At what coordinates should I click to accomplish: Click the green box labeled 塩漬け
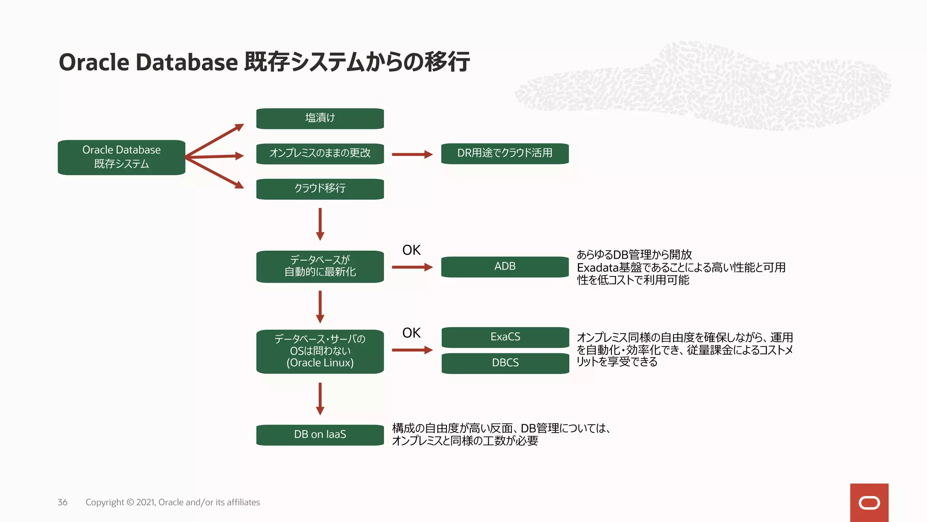(x=320, y=118)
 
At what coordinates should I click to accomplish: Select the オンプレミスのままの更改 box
(x=320, y=154)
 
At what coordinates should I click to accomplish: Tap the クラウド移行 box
(x=320, y=189)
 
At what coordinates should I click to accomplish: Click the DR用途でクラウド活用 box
(x=505, y=154)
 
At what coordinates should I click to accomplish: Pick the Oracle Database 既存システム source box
(x=121, y=157)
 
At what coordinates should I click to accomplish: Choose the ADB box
(x=505, y=266)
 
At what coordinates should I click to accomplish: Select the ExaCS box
(x=505, y=337)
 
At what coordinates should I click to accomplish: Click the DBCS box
(x=505, y=363)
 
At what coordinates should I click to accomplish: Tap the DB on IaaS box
(x=320, y=435)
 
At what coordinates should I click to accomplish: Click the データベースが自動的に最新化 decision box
(x=320, y=266)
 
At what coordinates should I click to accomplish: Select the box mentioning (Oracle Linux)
(x=320, y=351)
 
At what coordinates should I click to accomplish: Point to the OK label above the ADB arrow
(x=411, y=250)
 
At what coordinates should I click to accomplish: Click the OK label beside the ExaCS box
(x=411, y=333)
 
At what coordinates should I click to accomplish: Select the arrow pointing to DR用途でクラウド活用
(x=412, y=155)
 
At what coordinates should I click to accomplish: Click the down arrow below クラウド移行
(x=320, y=224)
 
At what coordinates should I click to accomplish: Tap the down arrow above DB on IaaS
(x=320, y=399)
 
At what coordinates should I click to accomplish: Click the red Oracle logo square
(x=869, y=503)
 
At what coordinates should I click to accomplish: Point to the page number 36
(x=62, y=503)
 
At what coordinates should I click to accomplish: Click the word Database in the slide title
(x=186, y=63)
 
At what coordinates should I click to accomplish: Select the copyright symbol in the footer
(x=130, y=503)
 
